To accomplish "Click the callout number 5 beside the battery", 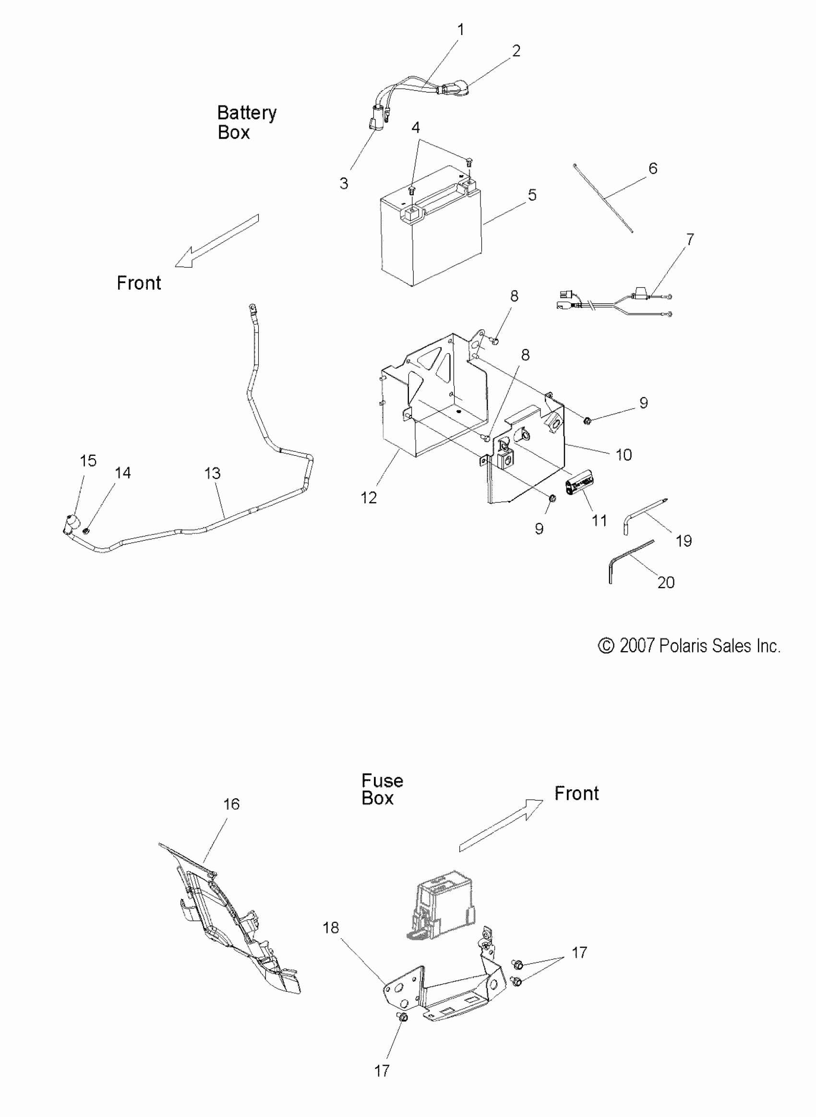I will click(532, 195).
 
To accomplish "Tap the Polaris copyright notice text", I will click(689, 646).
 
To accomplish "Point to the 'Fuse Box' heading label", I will click(382, 789).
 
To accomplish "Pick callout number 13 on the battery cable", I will click(212, 474).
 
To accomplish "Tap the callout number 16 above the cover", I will click(231, 804).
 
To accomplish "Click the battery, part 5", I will click(431, 232).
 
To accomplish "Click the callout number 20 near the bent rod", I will click(666, 582).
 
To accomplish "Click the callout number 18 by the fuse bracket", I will click(330, 928).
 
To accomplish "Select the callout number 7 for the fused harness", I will click(690, 239).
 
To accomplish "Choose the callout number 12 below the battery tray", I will click(369, 498).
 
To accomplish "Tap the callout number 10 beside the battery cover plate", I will click(624, 455).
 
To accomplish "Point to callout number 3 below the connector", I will click(344, 184).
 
